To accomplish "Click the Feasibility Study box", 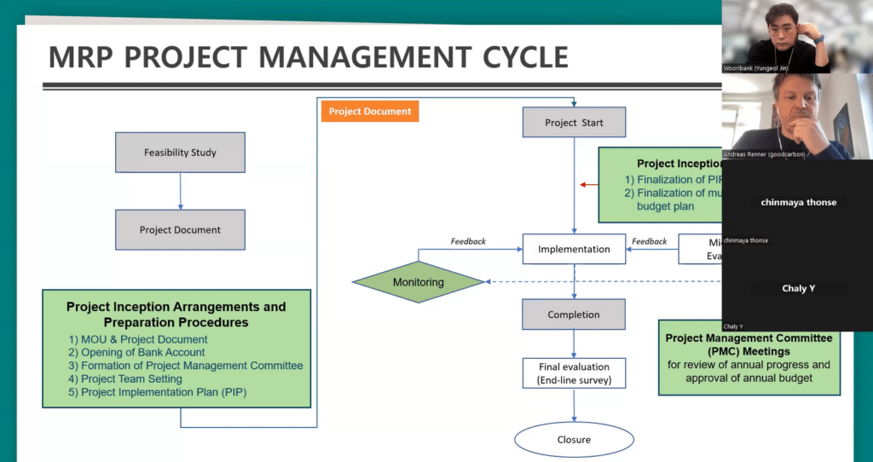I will (180, 153).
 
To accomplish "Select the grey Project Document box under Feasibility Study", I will (180, 229).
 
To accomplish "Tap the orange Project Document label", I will (369, 112).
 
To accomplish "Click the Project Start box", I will (574, 123).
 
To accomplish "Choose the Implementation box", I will (574, 249).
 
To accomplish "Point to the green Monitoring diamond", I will (418, 281).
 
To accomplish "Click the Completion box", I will (574, 315).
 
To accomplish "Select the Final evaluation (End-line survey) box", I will (574, 373).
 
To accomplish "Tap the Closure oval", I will (574, 439).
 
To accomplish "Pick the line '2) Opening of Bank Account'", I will (137, 352).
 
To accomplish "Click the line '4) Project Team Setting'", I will (125, 378).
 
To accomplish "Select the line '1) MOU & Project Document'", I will (138, 339).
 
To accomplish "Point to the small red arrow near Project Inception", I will (587, 184).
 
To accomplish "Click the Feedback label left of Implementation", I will (467, 241).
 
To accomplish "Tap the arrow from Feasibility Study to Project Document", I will (180, 191).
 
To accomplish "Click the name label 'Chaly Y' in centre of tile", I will (798, 288).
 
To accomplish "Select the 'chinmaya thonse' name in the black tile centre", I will (798, 202).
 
